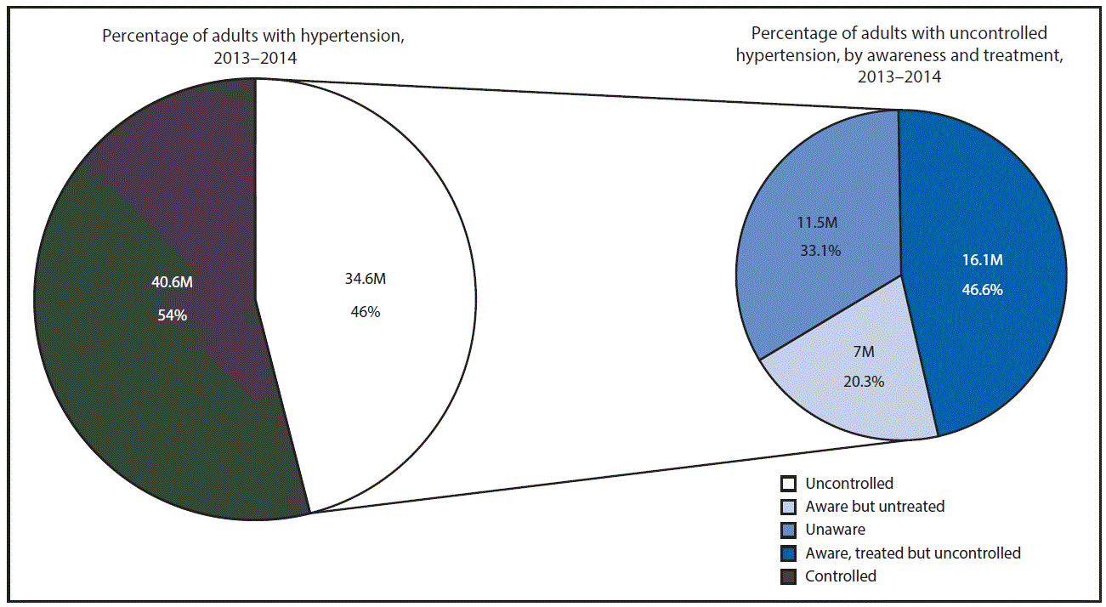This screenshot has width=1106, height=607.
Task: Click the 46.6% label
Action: (x=982, y=290)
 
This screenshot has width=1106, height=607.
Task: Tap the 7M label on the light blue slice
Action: (x=864, y=352)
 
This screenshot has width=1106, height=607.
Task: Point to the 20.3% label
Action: (x=864, y=381)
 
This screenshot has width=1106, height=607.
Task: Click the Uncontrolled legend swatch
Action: (x=788, y=484)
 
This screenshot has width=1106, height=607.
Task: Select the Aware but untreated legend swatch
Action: (x=788, y=507)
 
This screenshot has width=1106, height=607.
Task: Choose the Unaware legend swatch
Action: (x=788, y=530)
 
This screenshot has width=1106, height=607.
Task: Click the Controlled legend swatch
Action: (x=788, y=576)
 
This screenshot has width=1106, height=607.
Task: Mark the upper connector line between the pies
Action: (x=578, y=94)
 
